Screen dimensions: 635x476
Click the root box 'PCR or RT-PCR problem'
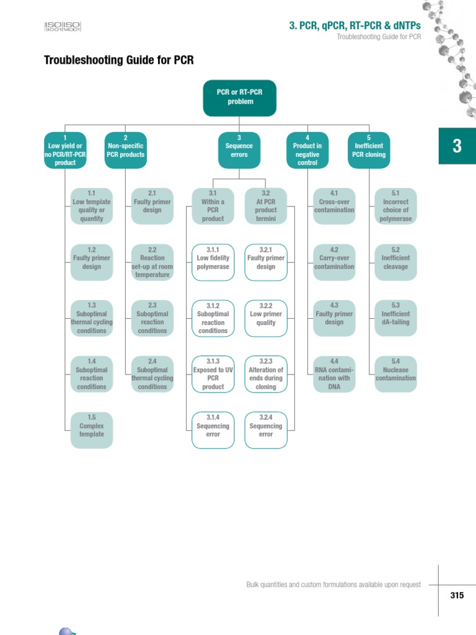tap(240, 98)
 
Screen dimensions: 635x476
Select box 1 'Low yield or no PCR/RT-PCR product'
tap(65, 150)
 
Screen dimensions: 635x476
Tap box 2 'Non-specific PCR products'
tap(125, 150)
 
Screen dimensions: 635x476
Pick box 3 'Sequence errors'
tap(239, 150)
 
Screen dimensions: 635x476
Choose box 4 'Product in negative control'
tap(307, 150)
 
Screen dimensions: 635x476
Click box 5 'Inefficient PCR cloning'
tap(369, 150)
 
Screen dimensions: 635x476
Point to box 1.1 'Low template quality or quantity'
tap(92, 206)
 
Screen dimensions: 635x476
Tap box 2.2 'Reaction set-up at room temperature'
tap(152, 262)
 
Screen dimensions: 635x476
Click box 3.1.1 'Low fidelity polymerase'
tap(213, 262)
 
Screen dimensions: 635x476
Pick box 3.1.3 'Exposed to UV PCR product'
tap(213, 374)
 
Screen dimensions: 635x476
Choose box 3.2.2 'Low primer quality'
tap(266, 318)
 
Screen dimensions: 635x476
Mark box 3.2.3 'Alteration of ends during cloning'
tap(266, 374)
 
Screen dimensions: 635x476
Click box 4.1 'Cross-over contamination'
tap(334, 206)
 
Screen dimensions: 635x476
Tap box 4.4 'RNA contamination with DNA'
tap(334, 374)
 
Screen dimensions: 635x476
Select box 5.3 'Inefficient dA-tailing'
tap(396, 318)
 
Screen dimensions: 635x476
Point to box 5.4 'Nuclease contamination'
tap(396, 374)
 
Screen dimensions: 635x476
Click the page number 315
tap(457, 595)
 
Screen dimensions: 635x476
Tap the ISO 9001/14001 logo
tap(63, 27)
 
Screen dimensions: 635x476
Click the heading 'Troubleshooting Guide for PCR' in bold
tap(119, 60)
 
